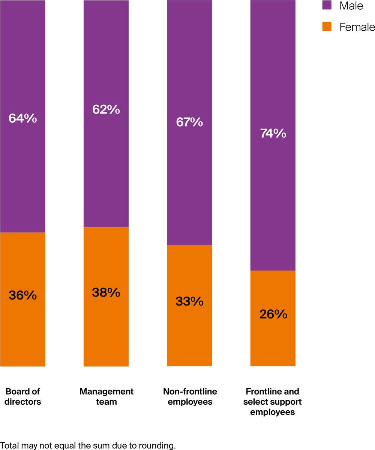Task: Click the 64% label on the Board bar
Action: pos(22,119)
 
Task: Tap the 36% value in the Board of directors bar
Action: pos(22,295)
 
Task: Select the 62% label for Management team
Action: pos(106,109)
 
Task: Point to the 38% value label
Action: pos(106,292)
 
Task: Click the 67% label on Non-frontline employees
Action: pos(189,122)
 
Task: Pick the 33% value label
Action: pos(189,301)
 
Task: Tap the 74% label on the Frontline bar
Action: pos(273,133)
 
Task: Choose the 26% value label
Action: pos(273,314)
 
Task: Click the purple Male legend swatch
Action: pos(327,6)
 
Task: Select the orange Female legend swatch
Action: pos(327,27)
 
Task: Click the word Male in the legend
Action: pos(351,6)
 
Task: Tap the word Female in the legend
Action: pos(357,27)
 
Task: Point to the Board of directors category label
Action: pos(22,397)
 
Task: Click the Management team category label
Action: pos(106,397)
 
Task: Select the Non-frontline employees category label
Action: pos(190,397)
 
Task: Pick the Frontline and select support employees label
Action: pos(273,402)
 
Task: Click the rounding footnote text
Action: pos(88,446)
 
